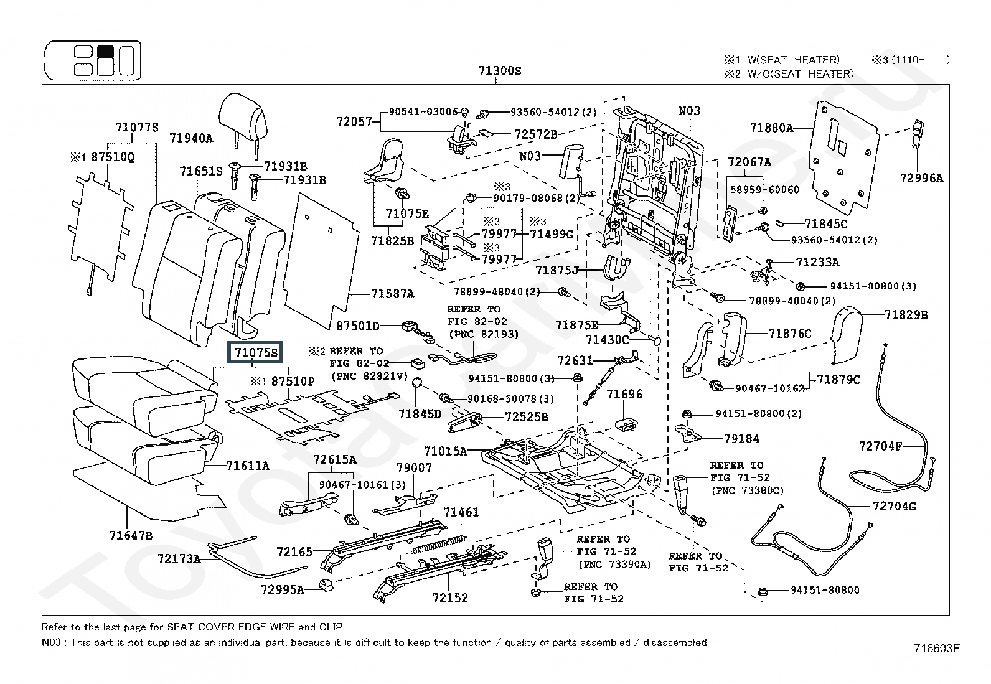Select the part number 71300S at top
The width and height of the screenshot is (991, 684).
click(x=499, y=71)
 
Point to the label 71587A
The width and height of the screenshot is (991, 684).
click(x=392, y=294)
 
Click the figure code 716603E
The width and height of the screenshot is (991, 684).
click(x=936, y=649)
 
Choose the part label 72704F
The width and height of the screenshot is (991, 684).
click(x=880, y=446)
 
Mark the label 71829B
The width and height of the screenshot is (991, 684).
click(x=906, y=315)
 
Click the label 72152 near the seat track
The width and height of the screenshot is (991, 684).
click(x=450, y=598)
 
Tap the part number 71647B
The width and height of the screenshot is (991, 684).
click(x=131, y=535)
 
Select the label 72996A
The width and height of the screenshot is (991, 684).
click(x=921, y=178)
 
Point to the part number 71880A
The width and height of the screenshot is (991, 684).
click(x=771, y=128)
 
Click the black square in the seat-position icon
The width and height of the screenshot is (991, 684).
click(x=105, y=51)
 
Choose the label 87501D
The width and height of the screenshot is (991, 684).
click(x=357, y=326)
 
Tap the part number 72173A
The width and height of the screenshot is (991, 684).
click(x=179, y=559)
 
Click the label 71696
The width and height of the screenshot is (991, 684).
click(x=624, y=394)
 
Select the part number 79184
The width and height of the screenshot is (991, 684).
click(x=741, y=439)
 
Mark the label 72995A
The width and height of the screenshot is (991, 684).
click(x=282, y=589)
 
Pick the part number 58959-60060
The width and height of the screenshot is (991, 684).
click(x=764, y=189)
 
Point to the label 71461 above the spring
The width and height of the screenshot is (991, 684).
click(x=461, y=512)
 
